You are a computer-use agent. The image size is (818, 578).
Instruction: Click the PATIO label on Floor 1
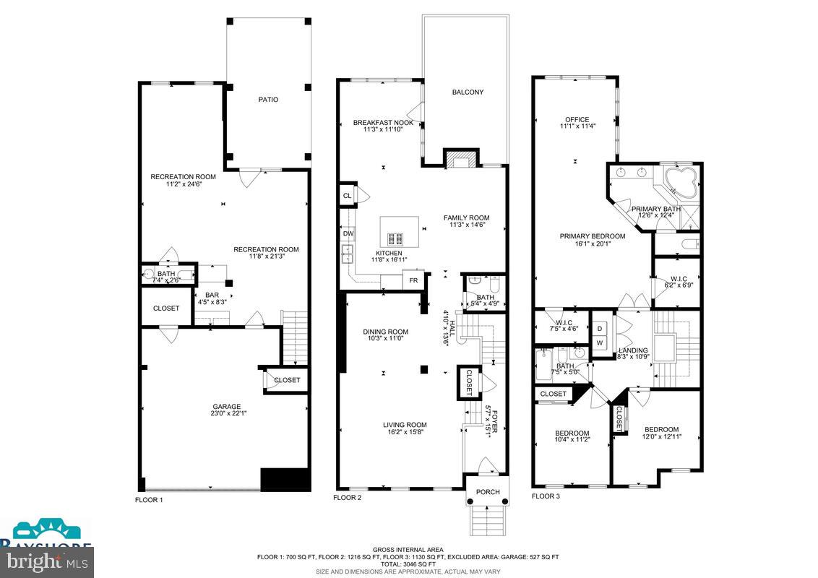coord(267,100)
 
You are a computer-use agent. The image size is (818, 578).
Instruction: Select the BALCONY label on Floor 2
coord(467,92)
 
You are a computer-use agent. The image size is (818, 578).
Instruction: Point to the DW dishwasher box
coord(348,233)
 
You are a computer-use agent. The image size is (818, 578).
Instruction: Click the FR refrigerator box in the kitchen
coord(413,280)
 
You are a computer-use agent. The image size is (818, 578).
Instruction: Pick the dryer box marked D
coord(600,328)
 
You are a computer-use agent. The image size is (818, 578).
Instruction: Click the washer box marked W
coord(600,342)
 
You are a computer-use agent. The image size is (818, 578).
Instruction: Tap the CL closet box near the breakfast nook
coord(348,195)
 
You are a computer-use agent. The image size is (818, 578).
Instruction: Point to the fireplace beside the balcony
coord(460,158)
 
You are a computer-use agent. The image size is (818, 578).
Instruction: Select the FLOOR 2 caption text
coord(347,498)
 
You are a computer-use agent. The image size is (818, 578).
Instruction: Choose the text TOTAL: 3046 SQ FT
coord(408,564)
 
